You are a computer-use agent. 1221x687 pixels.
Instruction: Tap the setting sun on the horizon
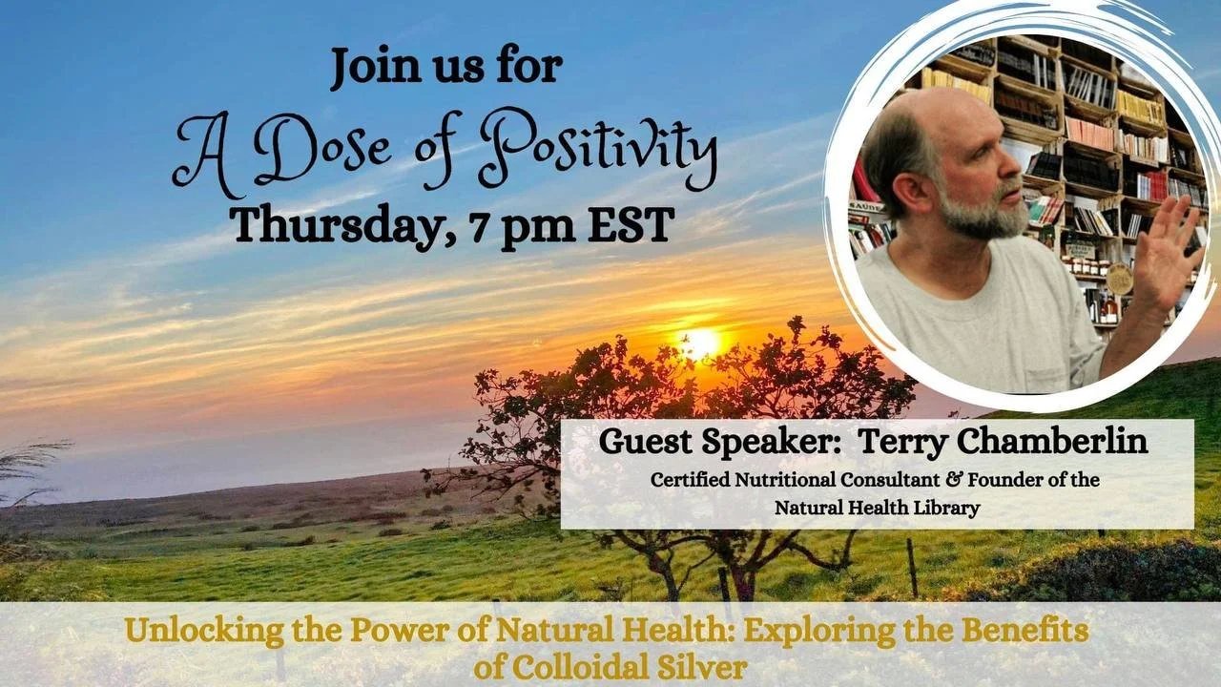click(x=699, y=344)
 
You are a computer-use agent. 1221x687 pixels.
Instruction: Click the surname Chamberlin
click(x=1052, y=441)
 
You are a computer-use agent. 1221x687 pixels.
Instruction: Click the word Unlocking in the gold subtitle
click(x=204, y=632)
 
